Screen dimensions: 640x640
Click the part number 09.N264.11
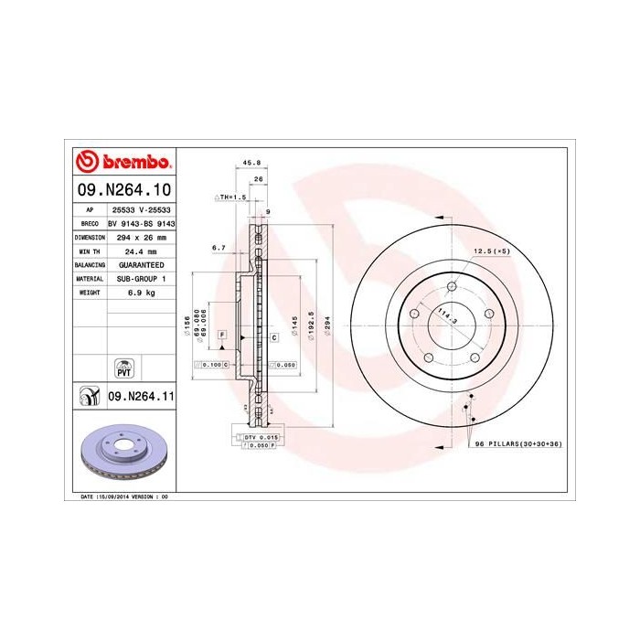point(141,397)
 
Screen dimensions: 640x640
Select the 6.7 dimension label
point(218,247)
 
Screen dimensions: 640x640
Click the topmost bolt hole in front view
point(451,287)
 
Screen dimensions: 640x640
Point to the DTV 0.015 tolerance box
point(261,439)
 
